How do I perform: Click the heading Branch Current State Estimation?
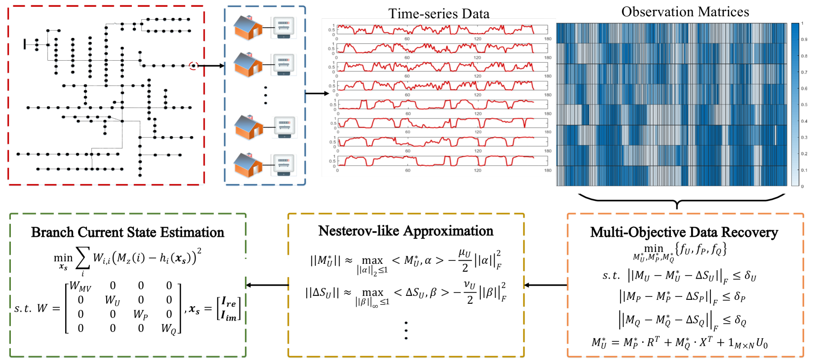pos(127,232)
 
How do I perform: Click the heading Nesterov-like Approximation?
pos(405,231)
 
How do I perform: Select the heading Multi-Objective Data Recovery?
pos(684,232)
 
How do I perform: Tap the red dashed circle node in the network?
pos(194,66)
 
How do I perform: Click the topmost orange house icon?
pos(248,28)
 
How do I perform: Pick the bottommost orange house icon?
pos(248,165)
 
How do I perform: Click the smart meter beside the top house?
pos(283,28)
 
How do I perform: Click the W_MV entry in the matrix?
pos(80,287)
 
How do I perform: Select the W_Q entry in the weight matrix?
pos(169,329)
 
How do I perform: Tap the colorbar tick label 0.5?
pos(804,105)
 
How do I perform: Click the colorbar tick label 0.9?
pos(804,39)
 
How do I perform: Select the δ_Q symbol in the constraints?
pos(740,321)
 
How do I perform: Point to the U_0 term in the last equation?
pos(762,343)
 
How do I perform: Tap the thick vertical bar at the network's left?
pos(25,44)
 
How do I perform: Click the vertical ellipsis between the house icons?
pos(266,95)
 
